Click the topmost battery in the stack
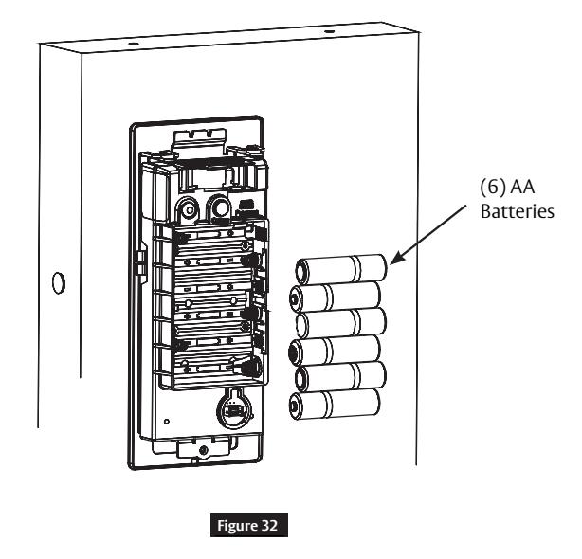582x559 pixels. point(341,269)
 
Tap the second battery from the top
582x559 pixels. point(336,297)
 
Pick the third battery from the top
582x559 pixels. point(341,323)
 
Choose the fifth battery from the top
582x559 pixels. point(340,377)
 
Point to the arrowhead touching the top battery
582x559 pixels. point(394,259)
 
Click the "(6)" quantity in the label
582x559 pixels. point(493,187)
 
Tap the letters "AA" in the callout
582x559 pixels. point(522,187)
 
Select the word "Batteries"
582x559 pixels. point(518,211)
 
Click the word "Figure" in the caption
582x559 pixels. point(237,526)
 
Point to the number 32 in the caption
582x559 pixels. point(269,525)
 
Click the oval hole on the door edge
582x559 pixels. point(59,283)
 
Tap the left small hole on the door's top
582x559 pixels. point(134,44)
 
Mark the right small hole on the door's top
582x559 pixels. point(328,31)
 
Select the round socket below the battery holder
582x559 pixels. point(233,408)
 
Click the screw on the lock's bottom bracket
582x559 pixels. point(203,451)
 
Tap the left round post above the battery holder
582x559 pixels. point(189,210)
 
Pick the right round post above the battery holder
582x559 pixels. point(221,208)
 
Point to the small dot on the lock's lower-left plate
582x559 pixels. point(167,422)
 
